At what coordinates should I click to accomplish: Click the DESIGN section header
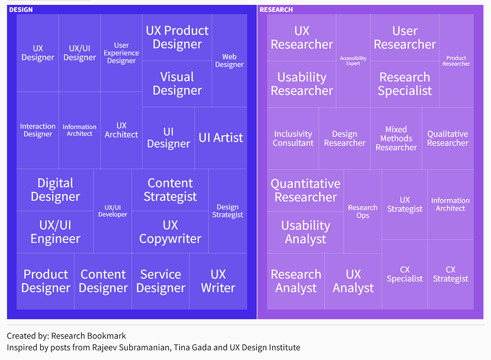[x=21, y=9]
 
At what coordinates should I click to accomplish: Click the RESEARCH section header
[x=276, y=9]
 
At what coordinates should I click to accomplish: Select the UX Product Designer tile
[x=177, y=38]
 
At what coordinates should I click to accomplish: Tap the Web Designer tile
[x=229, y=61]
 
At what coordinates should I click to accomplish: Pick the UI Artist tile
[x=221, y=138]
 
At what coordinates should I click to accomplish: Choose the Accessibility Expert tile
[x=353, y=61]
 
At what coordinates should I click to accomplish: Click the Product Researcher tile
[x=456, y=61]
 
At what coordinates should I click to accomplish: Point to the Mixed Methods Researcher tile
[x=396, y=138]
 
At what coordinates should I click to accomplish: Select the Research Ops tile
[x=363, y=211]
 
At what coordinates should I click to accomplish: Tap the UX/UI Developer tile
[x=113, y=211]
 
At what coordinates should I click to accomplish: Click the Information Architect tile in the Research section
[x=450, y=204]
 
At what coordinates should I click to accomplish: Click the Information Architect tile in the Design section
[x=79, y=130]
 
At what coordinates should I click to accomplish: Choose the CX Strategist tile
[x=450, y=274]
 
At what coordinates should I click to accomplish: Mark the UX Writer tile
[x=218, y=281]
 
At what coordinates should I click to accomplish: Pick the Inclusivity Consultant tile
[x=293, y=138]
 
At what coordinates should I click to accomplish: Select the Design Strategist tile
[x=227, y=211]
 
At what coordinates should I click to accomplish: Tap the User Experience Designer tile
[x=121, y=53]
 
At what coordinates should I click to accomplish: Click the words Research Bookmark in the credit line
[x=88, y=336]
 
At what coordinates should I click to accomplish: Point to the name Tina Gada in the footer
[x=190, y=348]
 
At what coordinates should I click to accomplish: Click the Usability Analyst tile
[x=305, y=232]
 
